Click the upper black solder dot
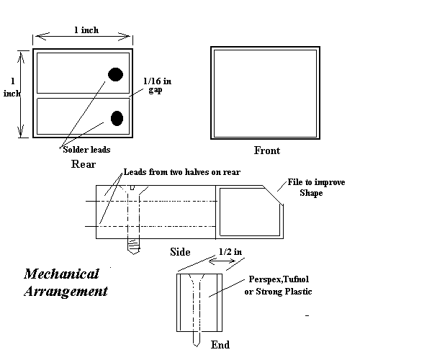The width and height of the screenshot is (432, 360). pos(115,73)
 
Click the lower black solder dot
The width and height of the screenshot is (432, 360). pos(117,119)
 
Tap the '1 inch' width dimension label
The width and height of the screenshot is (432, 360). pos(86,30)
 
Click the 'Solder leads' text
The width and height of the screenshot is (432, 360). pos(84,149)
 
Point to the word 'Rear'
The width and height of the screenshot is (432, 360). pos(84,164)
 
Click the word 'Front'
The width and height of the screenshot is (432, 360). pos(266,151)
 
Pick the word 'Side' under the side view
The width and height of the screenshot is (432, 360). pos(180,252)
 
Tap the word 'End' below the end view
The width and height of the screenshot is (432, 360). pos(220,345)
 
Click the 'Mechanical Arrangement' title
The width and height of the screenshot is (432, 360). pos(66,283)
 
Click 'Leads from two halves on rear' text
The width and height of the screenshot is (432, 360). pos(181,172)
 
